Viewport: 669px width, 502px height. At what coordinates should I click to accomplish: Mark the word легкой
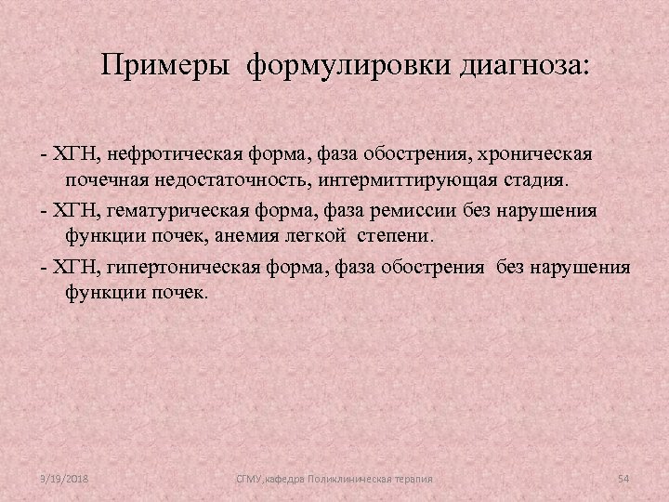point(348,235)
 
